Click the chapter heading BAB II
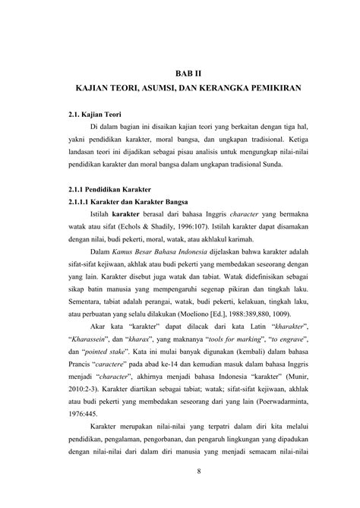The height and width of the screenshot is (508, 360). tap(179, 72)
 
